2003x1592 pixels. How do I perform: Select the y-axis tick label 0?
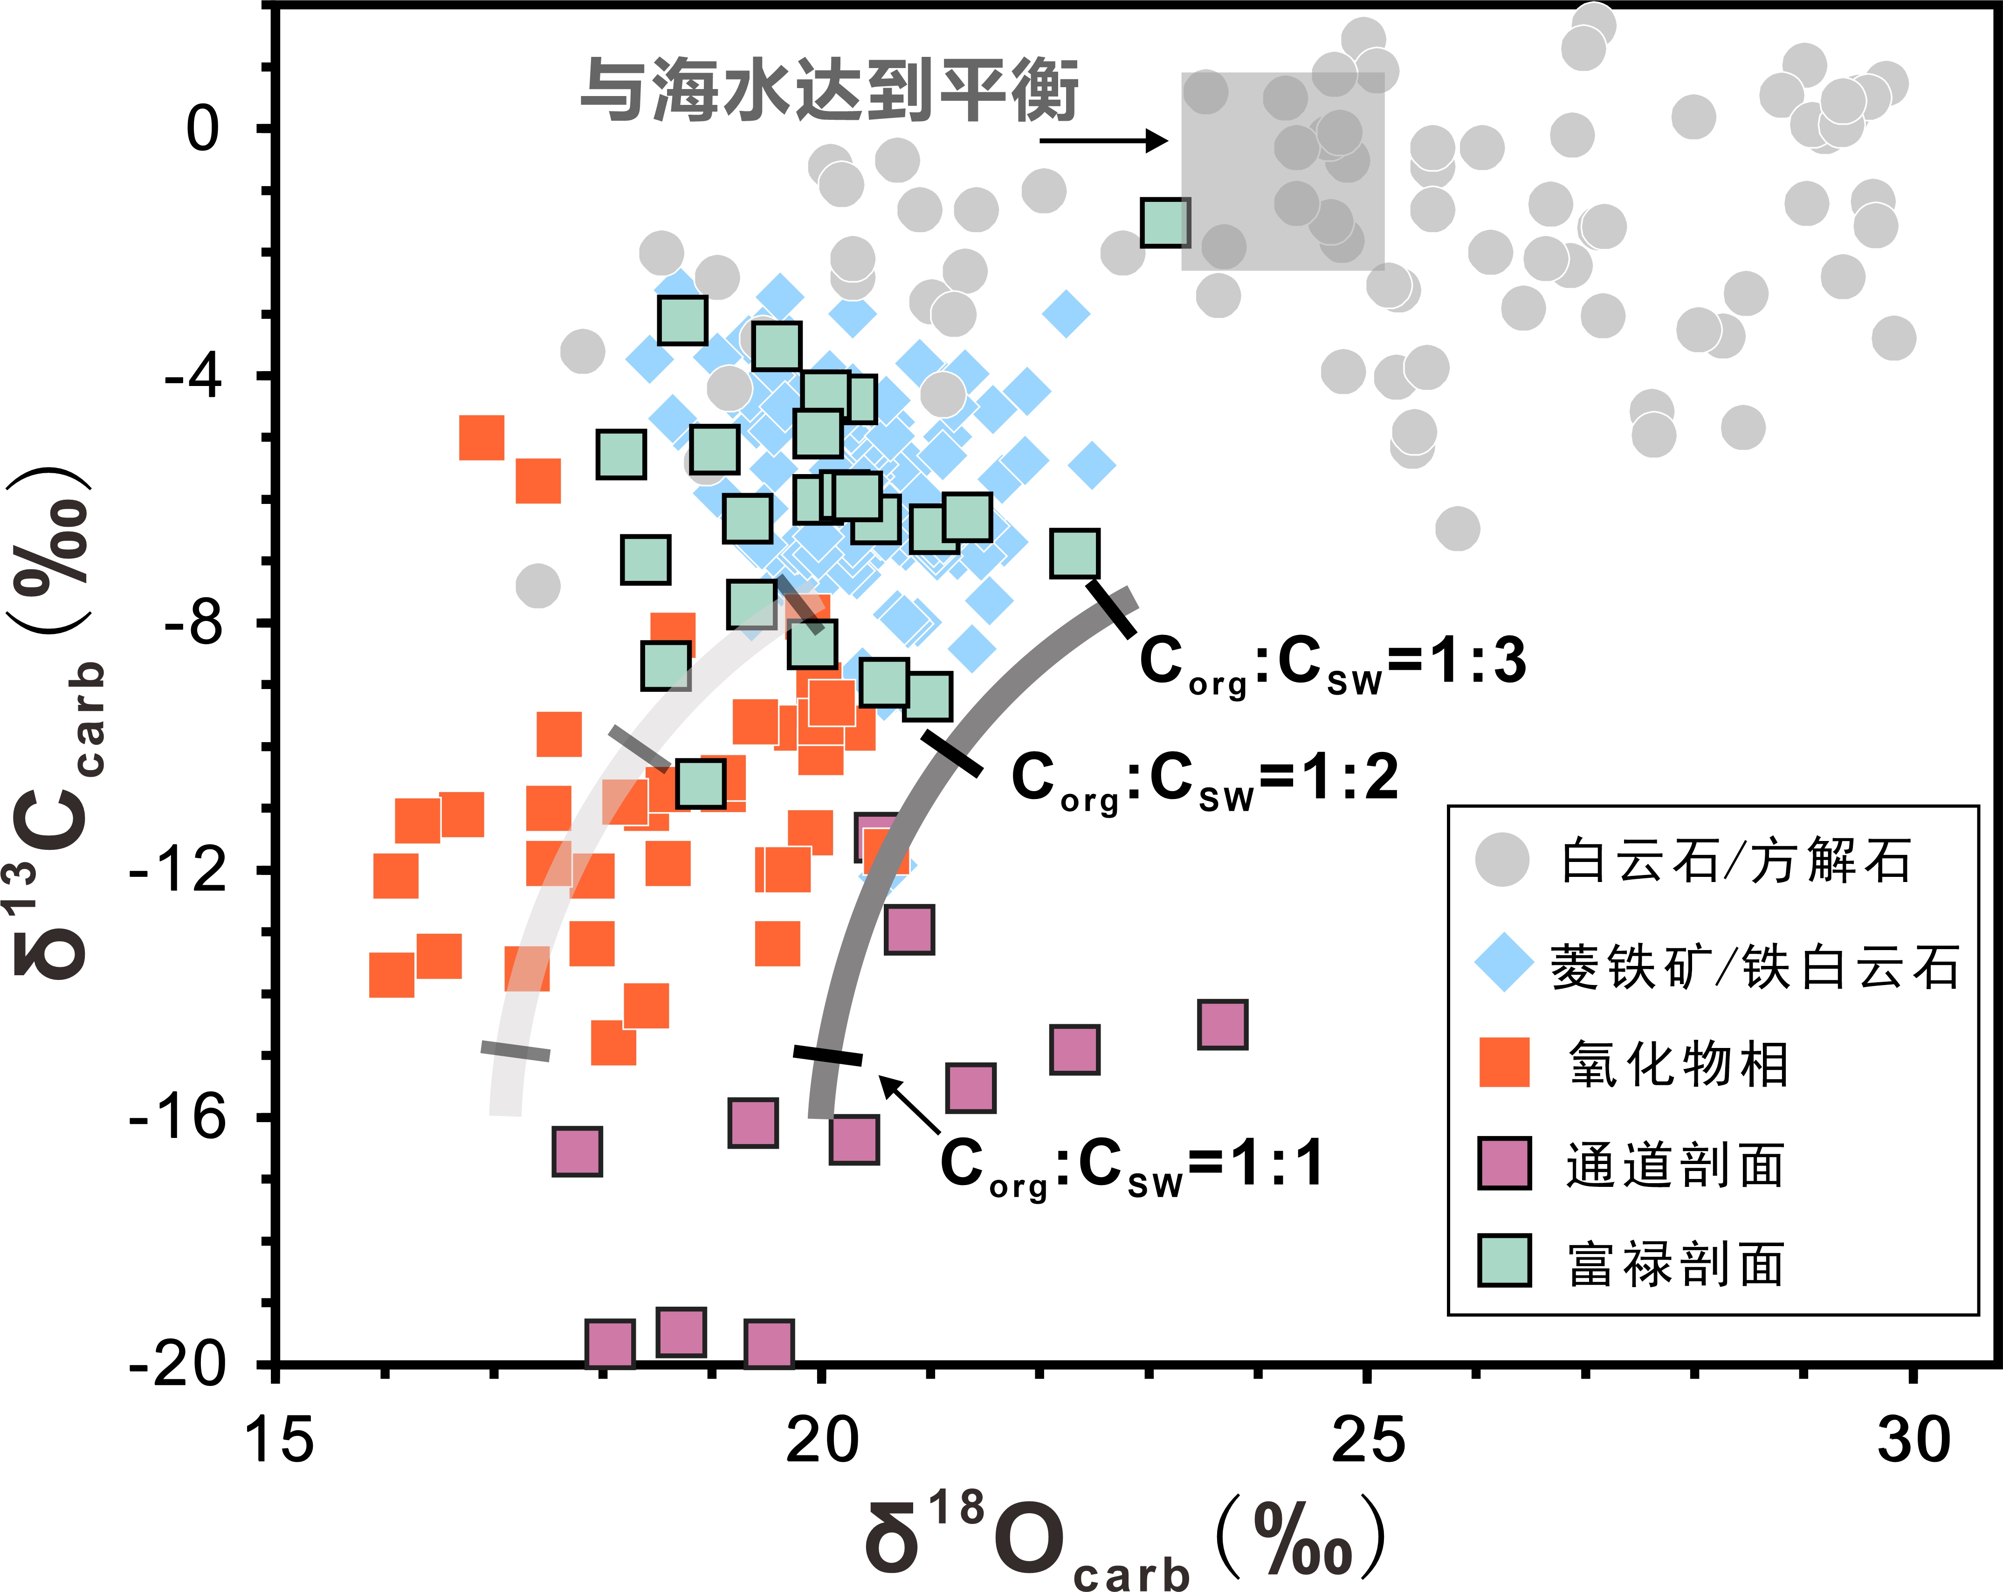point(202,128)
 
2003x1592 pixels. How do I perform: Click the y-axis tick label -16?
point(179,1116)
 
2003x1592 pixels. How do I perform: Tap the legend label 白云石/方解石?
point(1735,861)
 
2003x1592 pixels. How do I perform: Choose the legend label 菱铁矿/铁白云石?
point(1754,966)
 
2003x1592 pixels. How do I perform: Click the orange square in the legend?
point(1504,1062)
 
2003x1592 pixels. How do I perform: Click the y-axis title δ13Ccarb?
point(58,725)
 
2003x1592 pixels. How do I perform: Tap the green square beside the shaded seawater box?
point(1165,223)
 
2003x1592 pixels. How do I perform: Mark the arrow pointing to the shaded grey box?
point(1104,140)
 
